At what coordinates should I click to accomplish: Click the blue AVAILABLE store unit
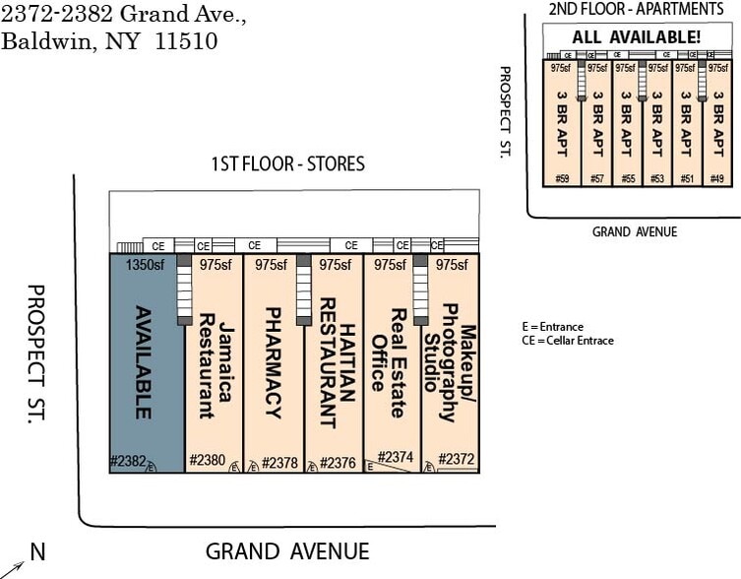coord(146,364)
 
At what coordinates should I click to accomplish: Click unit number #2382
coord(128,461)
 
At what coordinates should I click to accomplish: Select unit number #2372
coord(456,459)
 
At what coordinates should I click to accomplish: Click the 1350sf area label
coord(146,265)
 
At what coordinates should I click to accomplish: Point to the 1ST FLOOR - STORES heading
coord(288,163)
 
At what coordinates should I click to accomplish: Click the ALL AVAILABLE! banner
coord(637,37)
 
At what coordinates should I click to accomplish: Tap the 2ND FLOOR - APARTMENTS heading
coord(636,9)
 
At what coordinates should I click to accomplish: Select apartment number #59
coord(562,178)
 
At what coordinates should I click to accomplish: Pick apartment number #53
coord(656,178)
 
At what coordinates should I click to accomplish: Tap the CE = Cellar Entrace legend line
coord(568,341)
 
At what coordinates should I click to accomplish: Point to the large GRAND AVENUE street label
coord(287,551)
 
